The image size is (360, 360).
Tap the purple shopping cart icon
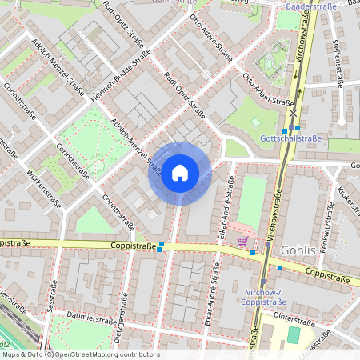tap(242, 240)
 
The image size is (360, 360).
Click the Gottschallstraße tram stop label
tap(290, 138)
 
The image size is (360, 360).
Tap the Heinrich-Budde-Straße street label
tap(121, 74)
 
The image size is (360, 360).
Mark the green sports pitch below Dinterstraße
tap(294, 334)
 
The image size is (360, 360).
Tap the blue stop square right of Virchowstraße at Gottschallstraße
tap(298, 127)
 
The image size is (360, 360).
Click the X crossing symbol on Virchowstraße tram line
tap(294, 113)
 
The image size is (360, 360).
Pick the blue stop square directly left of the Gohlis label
tap(279, 267)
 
